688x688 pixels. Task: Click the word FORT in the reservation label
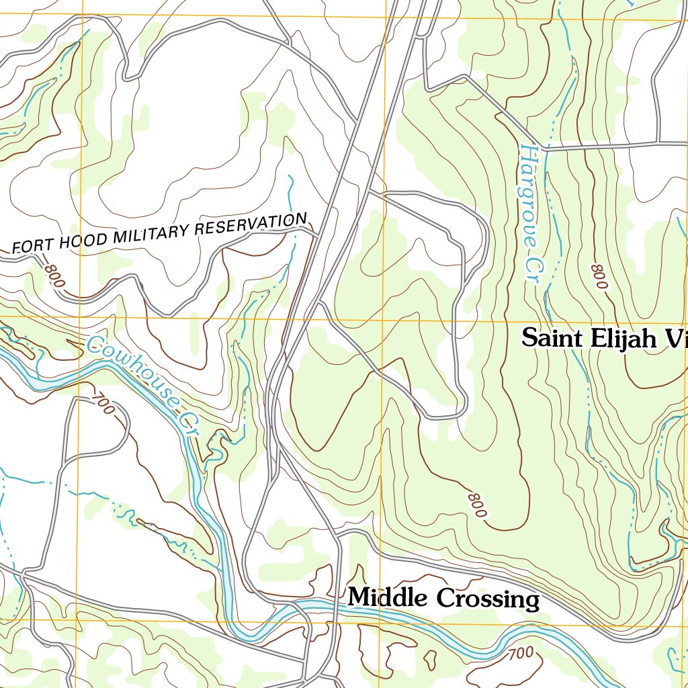(29, 246)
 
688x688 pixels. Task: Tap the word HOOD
(76, 241)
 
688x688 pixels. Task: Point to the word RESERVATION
(250, 223)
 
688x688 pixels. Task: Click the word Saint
(554, 338)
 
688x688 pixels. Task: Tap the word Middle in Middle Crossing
(388, 597)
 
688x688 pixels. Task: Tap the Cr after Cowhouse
(189, 423)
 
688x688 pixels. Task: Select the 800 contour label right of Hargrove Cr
(599, 277)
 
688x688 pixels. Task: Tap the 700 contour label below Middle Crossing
(521, 652)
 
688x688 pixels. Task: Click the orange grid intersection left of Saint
(383, 320)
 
